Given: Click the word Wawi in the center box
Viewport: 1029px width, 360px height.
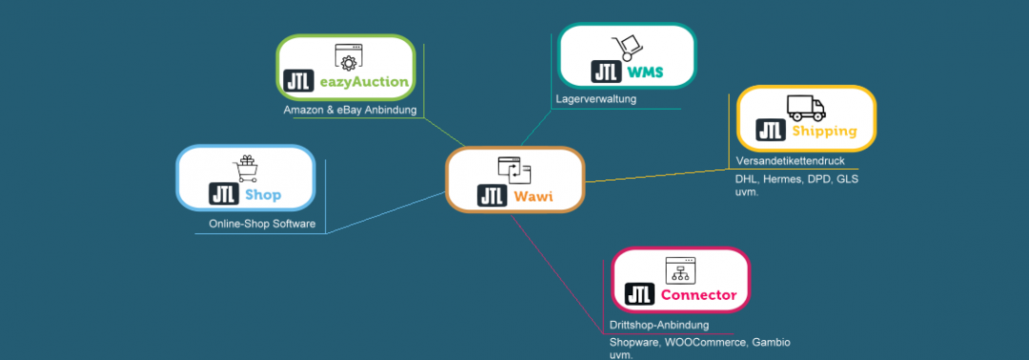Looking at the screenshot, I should pos(533,197).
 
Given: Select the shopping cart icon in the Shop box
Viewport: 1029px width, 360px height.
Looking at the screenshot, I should pos(246,169).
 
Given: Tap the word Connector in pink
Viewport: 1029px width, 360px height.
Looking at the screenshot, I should pos(698,295).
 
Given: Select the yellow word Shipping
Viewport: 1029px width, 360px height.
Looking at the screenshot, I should pos(824,131).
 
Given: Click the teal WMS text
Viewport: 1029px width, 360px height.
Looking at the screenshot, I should pos(645,72).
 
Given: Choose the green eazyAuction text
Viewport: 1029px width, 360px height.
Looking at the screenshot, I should pos(365,82).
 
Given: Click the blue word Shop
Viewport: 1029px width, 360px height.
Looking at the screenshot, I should pos(263,195).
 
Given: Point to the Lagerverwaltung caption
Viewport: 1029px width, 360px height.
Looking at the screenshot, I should pos(595,98).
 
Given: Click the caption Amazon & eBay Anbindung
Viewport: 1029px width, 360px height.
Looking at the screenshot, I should pos(351,110).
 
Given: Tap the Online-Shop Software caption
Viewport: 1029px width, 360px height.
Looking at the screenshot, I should pos(262,225).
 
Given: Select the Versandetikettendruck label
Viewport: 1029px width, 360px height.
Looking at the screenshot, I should pos(790,160).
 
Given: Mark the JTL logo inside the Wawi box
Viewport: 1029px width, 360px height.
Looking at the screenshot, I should pos(493,197).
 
